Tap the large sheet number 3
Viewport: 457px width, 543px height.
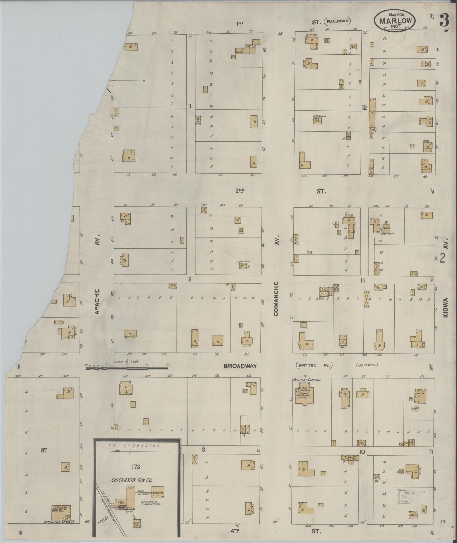(444, 21)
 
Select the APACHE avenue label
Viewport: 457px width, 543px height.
(97, 301)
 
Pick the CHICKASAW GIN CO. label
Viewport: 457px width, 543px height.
(132, 480)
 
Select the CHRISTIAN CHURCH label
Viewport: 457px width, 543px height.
(59, 521)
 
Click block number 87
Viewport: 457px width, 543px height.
(44, 450)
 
